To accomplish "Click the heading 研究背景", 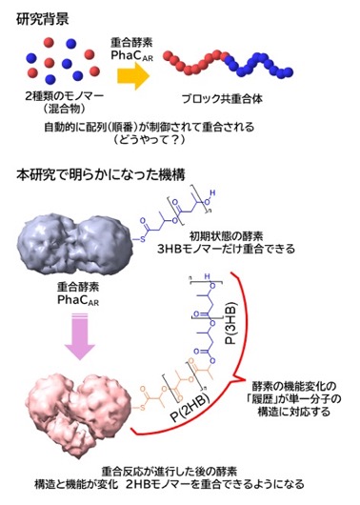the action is pos(43,19).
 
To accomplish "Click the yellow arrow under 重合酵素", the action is pos(133,76).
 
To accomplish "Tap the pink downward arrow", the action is pos(80,336).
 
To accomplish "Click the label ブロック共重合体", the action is pos(222,99).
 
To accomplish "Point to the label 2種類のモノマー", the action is pos(65,96).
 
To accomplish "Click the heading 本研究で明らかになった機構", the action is pos(101,175).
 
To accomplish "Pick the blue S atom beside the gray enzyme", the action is pos(143,239).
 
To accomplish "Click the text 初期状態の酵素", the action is pos(226,236).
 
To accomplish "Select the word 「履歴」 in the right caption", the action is pos(269,398).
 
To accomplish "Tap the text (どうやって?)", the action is pos(150,140).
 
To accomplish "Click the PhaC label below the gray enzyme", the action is pos(78,300).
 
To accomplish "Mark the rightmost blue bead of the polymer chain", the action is pos(289,72).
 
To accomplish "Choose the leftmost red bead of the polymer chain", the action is pos(168,55).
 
